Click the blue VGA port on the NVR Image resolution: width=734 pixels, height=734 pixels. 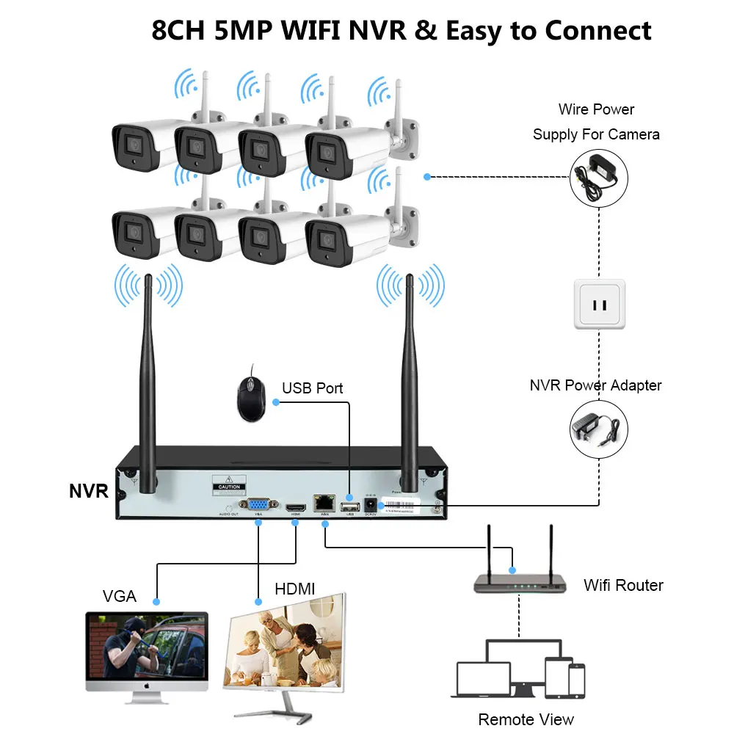click(258, 505)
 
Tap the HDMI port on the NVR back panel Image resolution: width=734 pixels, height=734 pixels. click(295, 506)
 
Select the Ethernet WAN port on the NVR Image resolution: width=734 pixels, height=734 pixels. click(324, 504)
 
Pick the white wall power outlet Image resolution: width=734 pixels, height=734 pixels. click(597, 302)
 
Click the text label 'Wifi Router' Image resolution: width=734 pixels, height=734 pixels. click(623, 585)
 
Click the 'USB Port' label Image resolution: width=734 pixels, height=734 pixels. click(313, 388)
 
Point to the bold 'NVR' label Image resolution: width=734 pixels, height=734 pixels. click(89, 492)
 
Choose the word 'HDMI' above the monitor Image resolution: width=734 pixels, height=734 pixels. click(294, 589)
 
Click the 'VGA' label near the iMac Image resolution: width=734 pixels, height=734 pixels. click(119, 596)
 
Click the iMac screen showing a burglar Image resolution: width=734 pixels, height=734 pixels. click(147, 650)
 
